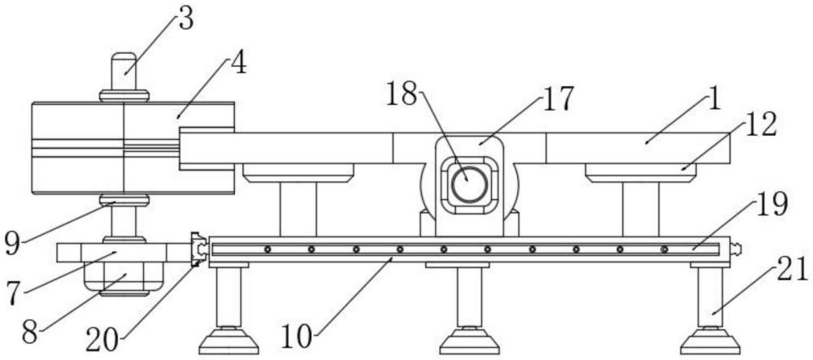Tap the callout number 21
pyautogui.click(x=792, y=270)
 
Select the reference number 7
pyautogui.click(x=15, y=293)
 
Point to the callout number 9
pyautogui.click(x=13, y=244)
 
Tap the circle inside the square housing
pyautogui.click(x=469, y=184)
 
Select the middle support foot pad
pyautogui.click(x=469, y=342)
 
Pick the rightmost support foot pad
pyautogui.click(x=710, y=342)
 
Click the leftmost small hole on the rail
pyautogui.click(x=267, y=249)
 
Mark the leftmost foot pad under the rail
pyautogui.click(x=228, y=342)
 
